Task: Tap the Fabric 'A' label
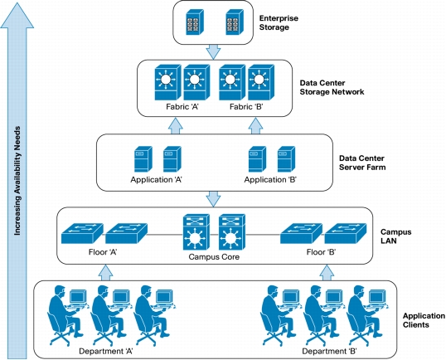[182, 107]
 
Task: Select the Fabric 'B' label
[246, 107]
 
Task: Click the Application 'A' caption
[156, 180]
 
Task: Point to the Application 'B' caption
[270, 180]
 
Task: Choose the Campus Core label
[214, 257]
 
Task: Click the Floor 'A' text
[103, 252]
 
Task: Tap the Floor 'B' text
[321, 252]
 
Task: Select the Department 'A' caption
[106, 351]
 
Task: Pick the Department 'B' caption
[329, 351]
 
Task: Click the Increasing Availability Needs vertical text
[17, 181]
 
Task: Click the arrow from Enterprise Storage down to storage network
[213, 51]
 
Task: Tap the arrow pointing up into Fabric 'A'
[176, 126]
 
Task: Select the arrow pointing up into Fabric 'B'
[255, 126]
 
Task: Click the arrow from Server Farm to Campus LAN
[213, 199]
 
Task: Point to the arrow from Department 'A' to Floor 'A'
[105, 273]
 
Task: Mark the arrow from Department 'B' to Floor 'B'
[327, 273]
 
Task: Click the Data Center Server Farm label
[362, 163]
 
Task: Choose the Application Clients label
[424, 320]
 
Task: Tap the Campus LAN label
[396, 236]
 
